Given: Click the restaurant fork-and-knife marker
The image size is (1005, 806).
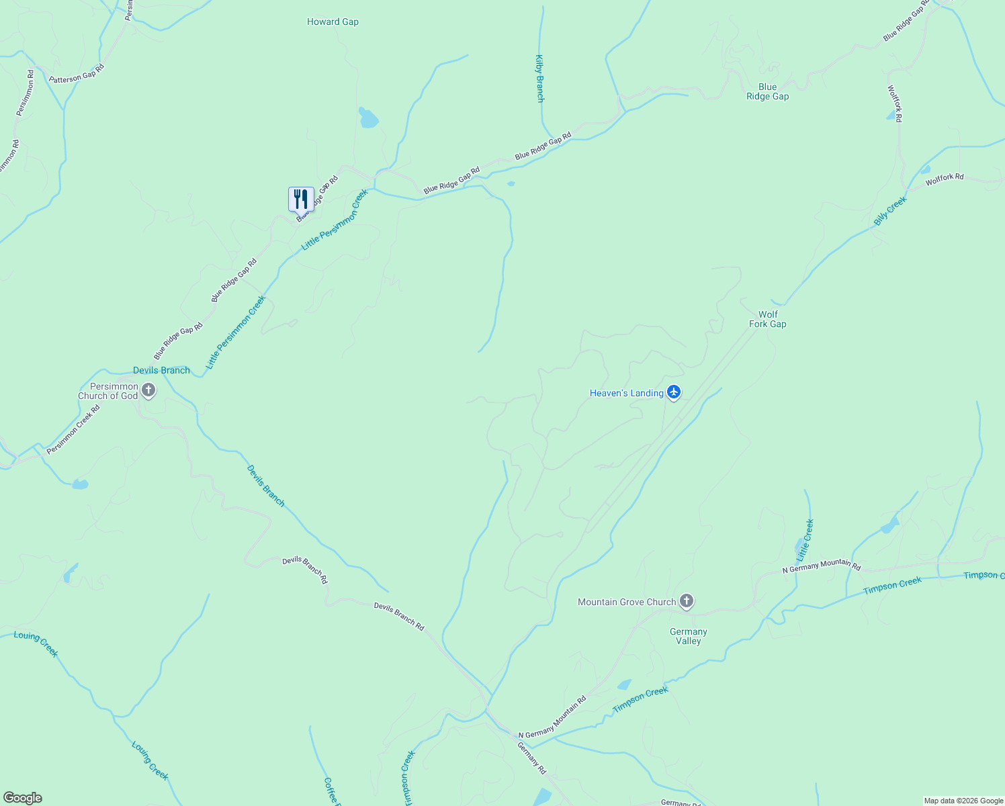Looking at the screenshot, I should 301,199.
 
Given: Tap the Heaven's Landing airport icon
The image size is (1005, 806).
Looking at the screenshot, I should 674,393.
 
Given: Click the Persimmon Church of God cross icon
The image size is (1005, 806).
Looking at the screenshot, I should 148,390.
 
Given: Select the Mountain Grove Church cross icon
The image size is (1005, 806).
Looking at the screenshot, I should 686,601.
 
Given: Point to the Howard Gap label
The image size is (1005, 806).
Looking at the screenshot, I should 333,21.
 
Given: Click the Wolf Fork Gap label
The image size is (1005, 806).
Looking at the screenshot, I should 768,319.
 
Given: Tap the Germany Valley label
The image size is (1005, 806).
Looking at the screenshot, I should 689,636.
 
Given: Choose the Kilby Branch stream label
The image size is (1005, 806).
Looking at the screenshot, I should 539,79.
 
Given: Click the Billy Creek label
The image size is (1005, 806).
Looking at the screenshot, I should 890,210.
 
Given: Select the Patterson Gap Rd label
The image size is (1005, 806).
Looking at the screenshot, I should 77,73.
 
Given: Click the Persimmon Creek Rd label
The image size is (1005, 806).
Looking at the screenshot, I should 73,429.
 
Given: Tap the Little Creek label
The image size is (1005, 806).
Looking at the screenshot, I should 805,540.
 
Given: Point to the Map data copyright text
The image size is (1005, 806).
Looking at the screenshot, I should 963,801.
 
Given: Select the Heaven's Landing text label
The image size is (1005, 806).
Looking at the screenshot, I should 626,393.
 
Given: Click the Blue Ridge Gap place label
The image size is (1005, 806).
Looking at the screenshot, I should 767,91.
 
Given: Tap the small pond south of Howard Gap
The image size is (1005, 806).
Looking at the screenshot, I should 367,119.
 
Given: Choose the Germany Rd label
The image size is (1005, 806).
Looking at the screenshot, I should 531,758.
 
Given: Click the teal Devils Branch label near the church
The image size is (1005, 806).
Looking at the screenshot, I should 161,370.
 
